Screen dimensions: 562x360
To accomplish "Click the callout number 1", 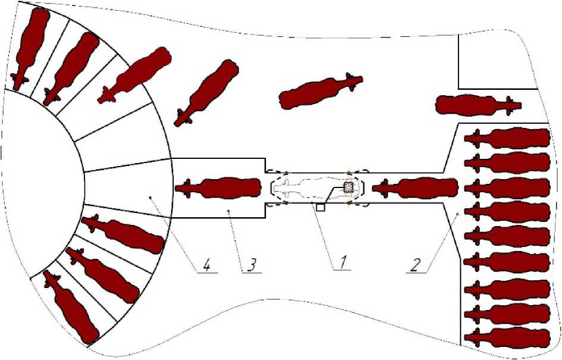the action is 343,262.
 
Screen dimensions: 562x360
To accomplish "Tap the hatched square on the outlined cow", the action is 348,187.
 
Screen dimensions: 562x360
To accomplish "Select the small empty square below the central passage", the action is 321,207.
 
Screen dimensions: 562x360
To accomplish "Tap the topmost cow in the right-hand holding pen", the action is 507,139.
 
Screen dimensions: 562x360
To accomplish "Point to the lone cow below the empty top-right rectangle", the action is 479,105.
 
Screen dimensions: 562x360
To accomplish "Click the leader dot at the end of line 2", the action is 457,214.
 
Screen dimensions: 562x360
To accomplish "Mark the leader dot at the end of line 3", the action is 229,211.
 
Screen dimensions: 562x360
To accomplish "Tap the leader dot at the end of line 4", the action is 151,196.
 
